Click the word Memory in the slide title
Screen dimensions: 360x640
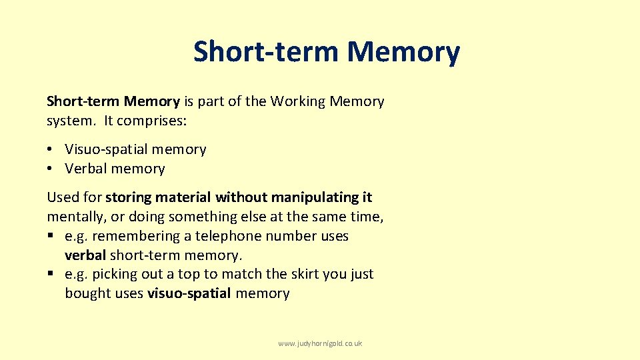(x=403, y=51)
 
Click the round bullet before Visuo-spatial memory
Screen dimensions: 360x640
(x=50, y=150)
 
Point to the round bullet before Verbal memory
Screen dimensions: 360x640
(x=50, y=169)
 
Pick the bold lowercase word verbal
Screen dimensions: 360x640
(x=85, y=255)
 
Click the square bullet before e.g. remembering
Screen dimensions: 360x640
(x=50, y=236)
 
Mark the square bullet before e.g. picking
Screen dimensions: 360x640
(x=50, y=274)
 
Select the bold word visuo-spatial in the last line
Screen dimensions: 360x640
(x=189, y=293)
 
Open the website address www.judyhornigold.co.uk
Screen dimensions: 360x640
(x=320, y=343)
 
